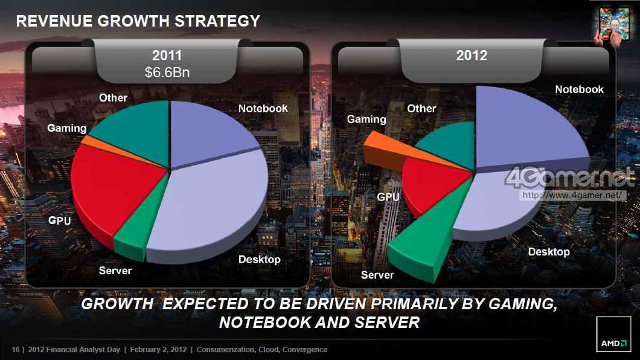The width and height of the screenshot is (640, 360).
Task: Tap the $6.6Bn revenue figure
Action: [x=167, y=72]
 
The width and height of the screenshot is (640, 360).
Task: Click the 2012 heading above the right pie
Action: [x=472, y=56]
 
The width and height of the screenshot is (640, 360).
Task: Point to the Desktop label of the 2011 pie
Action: [x=260, y=259]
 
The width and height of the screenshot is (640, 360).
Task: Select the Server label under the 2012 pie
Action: [x=377, y=275]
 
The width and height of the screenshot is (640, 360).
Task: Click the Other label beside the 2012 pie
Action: [x=421, y=108]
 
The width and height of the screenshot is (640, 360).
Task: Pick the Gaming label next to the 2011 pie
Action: [x=67, y=128]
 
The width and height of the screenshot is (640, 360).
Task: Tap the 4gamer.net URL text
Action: [x=571, y=195]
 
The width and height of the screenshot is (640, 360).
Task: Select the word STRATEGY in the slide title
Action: [x=217, y=21]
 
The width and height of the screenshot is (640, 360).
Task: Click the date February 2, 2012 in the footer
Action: [x=159, y=350]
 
